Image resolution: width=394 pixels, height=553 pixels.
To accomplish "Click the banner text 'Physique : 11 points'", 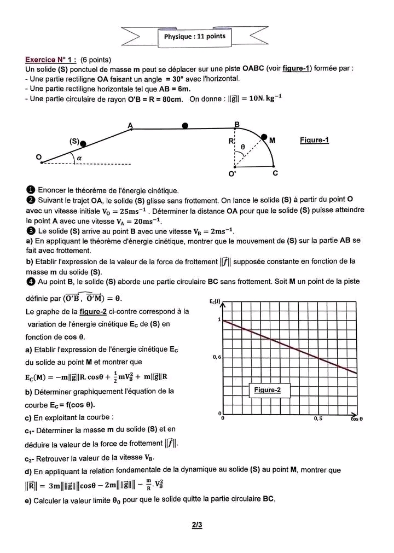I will pos(194,37).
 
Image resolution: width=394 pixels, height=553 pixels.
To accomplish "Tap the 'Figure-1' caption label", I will pos(314,141).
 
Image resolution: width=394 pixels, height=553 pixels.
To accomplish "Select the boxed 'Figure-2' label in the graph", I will pos(267,390).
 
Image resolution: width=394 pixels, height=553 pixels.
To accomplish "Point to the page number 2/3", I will pos(197,526).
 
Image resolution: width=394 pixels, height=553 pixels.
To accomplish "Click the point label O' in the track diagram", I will pos(233,174).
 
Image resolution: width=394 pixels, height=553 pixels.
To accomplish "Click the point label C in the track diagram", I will pos(275,173).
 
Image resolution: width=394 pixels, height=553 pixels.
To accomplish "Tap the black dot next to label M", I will pos(264,137).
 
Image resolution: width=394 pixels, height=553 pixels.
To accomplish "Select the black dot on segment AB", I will pos(186,126).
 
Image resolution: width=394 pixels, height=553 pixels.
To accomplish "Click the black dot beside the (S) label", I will pos(83,144).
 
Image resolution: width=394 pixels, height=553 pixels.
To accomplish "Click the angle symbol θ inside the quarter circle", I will pos(243,147).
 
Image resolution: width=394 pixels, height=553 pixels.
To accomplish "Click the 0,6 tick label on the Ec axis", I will pos(217,357).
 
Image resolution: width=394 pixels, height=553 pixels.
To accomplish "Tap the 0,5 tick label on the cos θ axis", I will pos(318,418).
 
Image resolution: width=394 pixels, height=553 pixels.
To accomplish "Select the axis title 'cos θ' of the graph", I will pos(356,419).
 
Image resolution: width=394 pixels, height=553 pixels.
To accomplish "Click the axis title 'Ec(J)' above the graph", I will pos(215,302).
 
